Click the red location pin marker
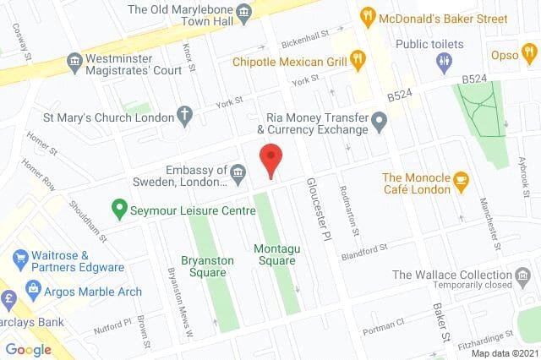point(270,160)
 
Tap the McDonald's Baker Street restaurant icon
point(368,16)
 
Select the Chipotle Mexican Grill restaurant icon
point(358,59)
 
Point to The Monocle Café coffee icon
point(461,179)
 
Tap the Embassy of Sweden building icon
point(238,176)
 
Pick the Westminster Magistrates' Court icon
point(74,61)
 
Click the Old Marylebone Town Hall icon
point(244,11)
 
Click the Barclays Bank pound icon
point(9,299)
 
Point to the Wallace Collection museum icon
point(523,275)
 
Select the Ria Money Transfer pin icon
point(380,124)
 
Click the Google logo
point(28,349)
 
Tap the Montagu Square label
point(275,254)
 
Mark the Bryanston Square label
point(207,267)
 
